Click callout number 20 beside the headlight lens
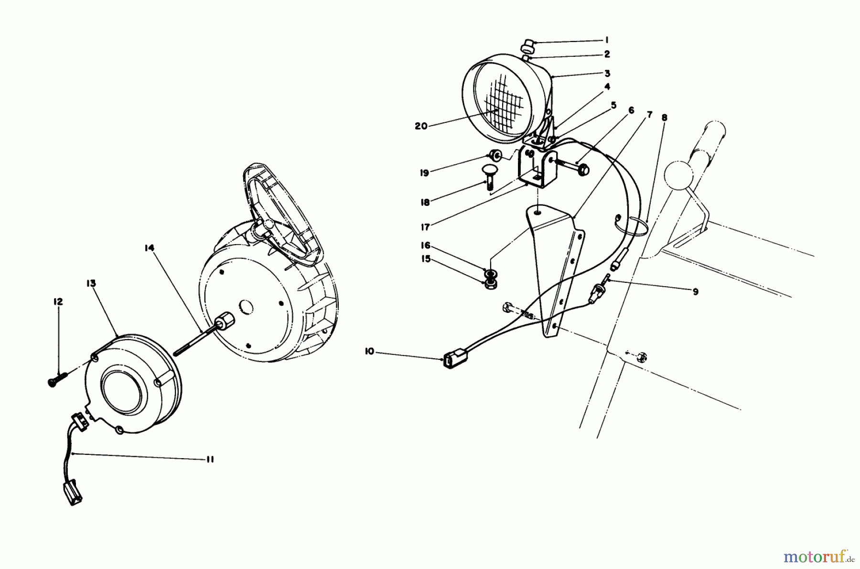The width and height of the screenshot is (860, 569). [421, 126]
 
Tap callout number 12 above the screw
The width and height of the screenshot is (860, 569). [58, 302]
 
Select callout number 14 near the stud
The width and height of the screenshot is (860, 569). [150, 247]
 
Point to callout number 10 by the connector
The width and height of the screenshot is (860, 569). [369, 352]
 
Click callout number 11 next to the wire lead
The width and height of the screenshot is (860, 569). [209, 460]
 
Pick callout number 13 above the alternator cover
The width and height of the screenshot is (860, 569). [91, 283]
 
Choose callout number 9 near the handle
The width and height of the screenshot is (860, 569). [695, 291]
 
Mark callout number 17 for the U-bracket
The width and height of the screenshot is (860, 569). [424, 227]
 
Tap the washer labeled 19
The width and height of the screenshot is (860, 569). [494, 155]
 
